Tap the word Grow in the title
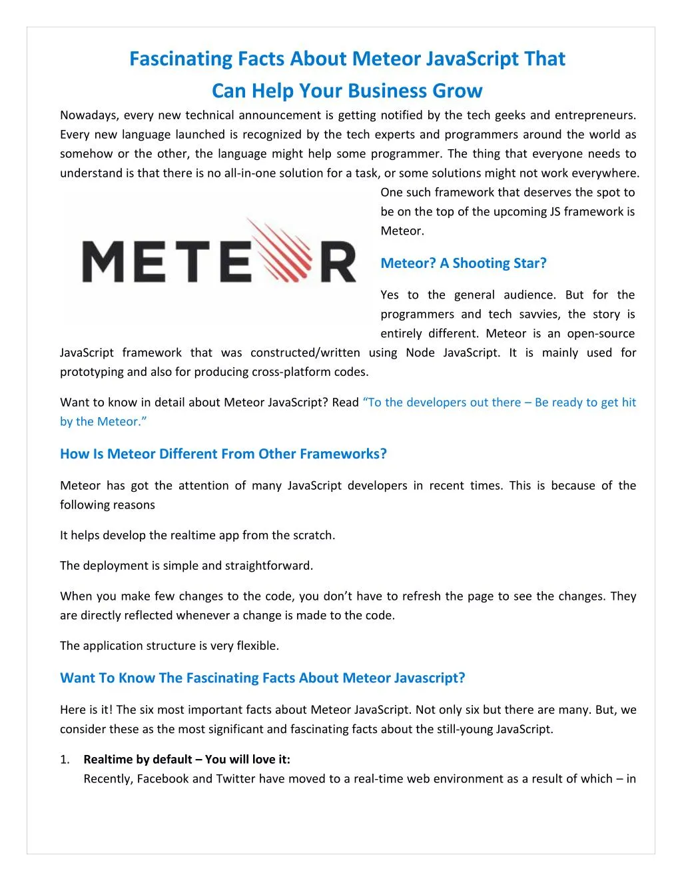457,91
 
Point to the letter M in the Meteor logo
109,262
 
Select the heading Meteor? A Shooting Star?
463,263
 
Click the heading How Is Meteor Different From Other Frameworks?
223,454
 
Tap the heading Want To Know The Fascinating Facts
262,678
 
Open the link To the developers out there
442,403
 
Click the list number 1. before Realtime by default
65,760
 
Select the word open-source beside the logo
601,333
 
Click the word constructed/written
305,353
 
